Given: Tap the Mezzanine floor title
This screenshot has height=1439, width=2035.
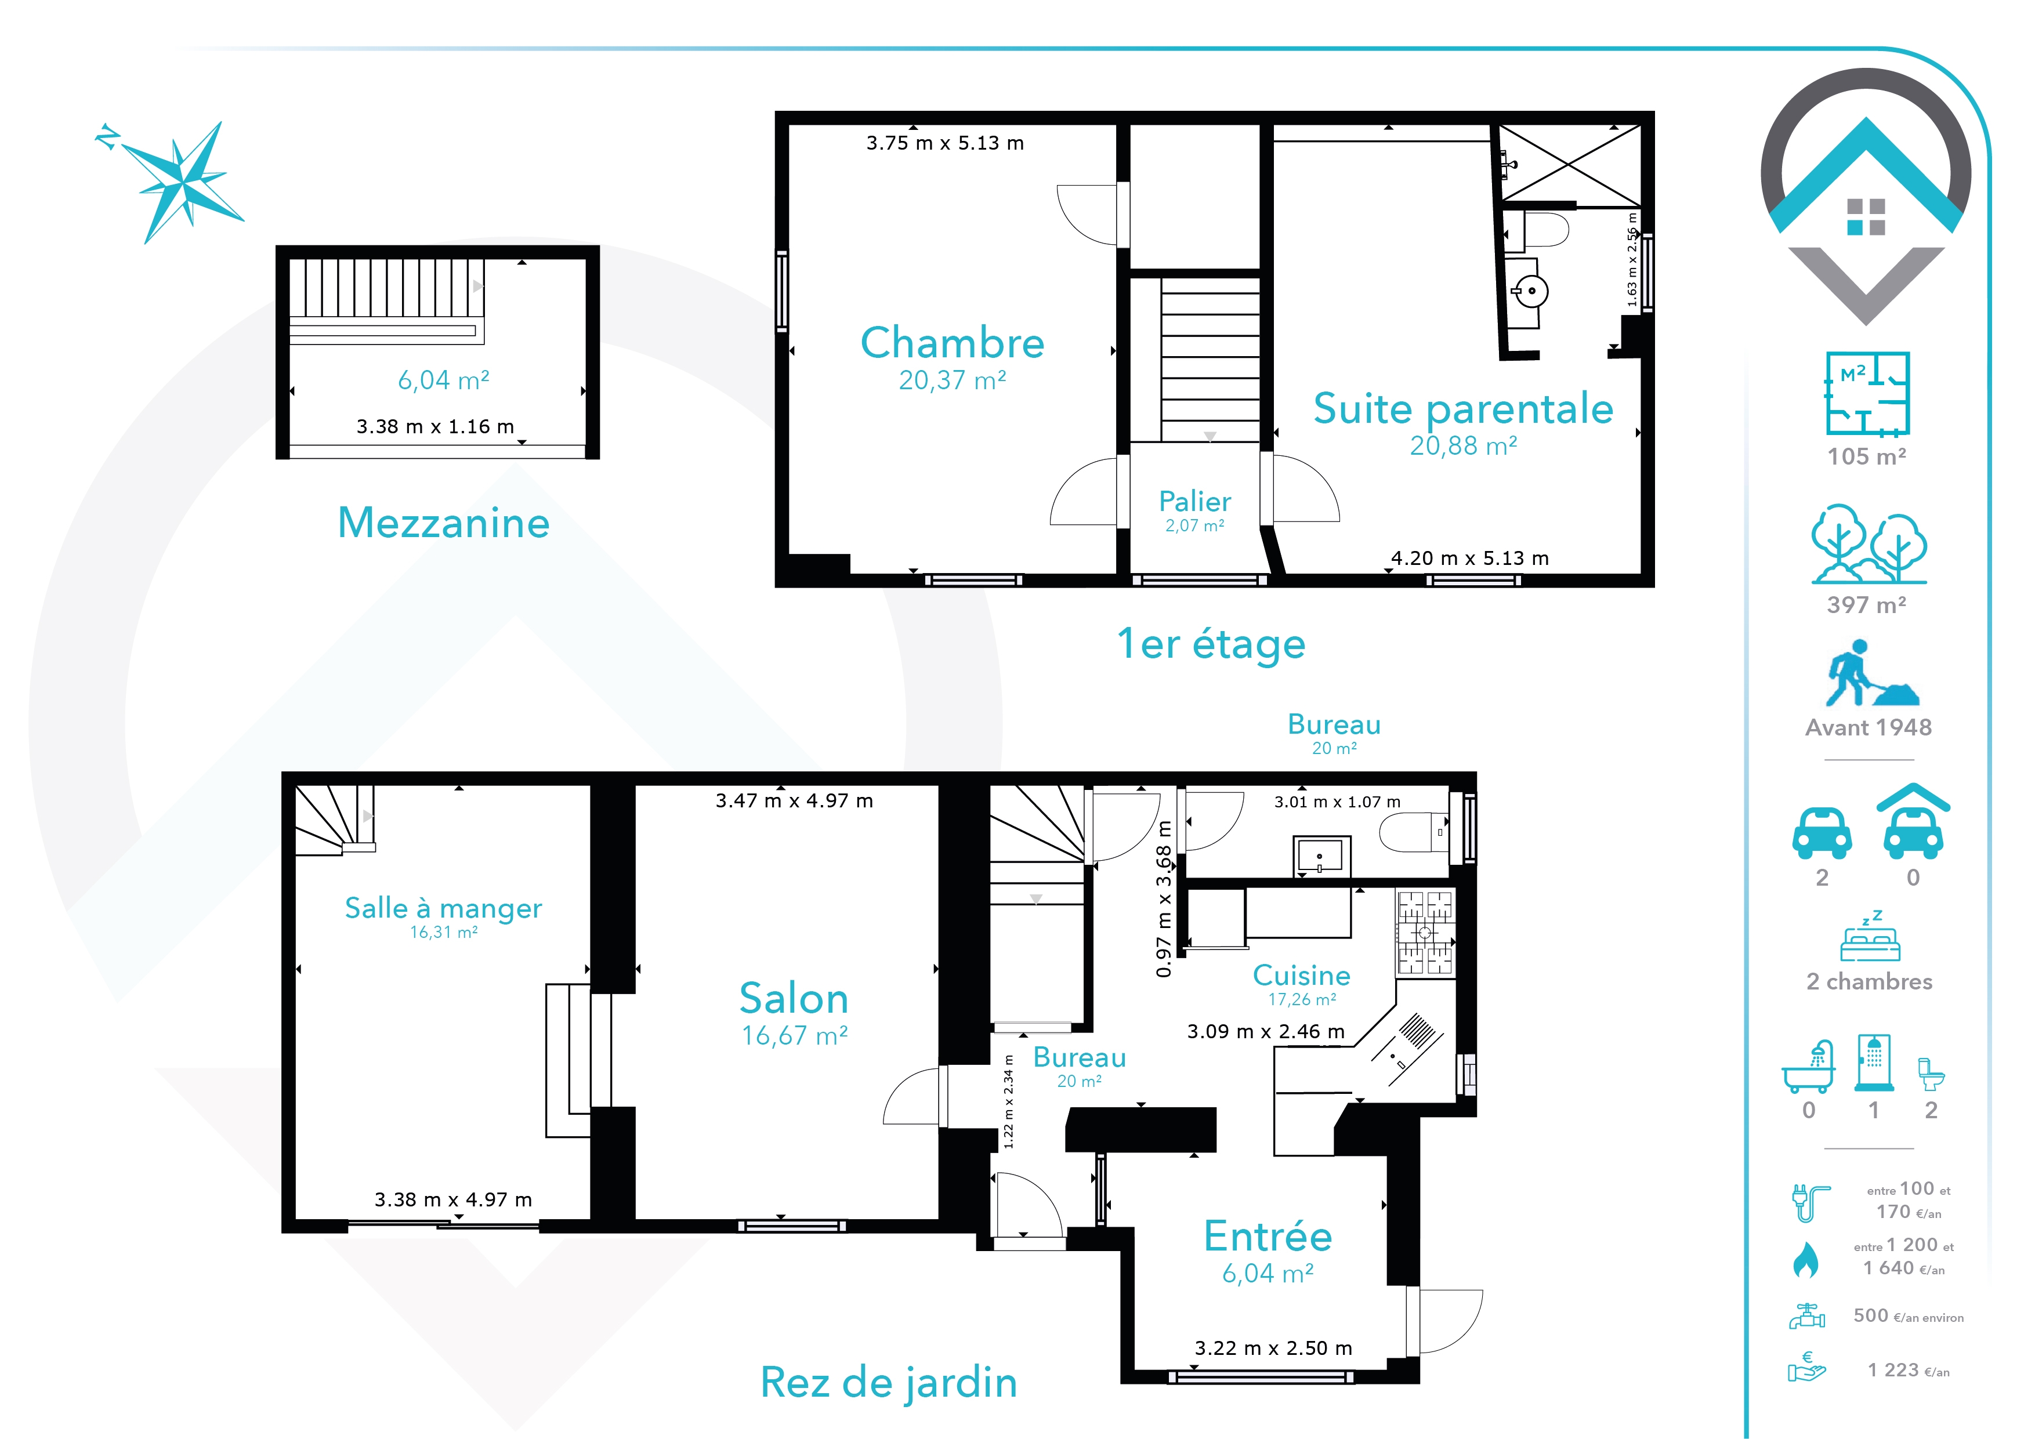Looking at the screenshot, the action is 443,523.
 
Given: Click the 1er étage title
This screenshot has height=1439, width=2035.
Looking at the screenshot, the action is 1211,644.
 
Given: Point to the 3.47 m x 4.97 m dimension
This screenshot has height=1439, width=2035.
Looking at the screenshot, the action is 794,801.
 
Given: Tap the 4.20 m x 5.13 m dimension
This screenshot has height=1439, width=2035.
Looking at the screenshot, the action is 1469,558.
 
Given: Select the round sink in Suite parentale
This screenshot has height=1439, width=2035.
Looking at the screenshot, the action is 1531,291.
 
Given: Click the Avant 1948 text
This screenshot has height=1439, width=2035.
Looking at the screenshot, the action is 1869,727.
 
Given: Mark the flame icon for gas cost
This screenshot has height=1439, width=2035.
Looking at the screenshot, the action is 1805,1259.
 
